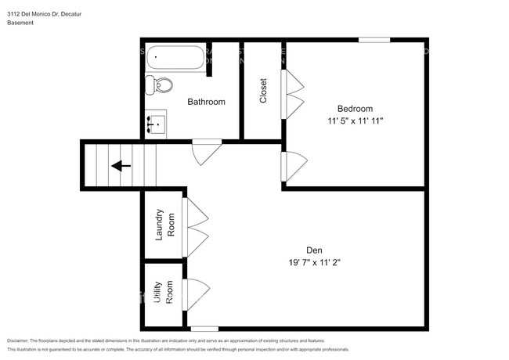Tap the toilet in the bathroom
[x=162, y=85]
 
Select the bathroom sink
[x=156, y=124]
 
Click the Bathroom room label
[x=206, y=102]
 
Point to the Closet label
[x=263, y=91]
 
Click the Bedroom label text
[x=355, y=109]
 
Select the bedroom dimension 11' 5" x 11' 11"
[x=355, y=121]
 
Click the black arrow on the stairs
[x=120, y=166]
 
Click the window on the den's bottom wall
[x=204, y=328]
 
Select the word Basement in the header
[x=20, y=23]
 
